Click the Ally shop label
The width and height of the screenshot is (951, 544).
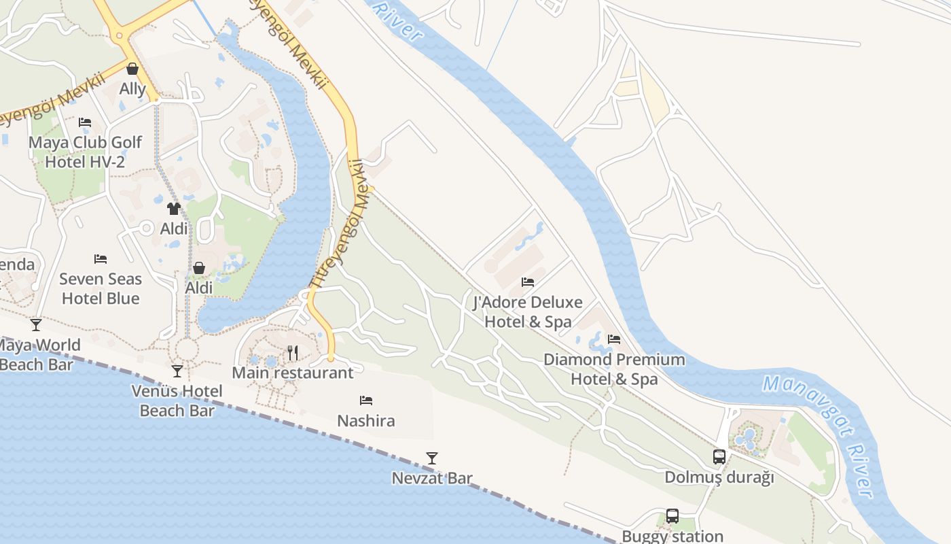(x=132, y=89)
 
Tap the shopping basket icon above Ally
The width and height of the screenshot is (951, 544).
(x=132, y=69)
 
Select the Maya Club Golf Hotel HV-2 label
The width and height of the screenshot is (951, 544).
(x=85, y=152)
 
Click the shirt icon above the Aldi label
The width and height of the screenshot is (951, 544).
(x=174, y=208)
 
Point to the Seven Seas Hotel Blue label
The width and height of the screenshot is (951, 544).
(x=101, y=288)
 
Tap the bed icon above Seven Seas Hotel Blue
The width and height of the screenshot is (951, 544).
(x=101, y=259)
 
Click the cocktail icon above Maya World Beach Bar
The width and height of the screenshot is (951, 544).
(x=36, y=325)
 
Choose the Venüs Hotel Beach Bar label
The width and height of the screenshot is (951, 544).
(x=177, y=401)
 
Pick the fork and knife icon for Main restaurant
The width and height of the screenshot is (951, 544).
(x=293, y=352)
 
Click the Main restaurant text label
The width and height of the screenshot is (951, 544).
(x=293, y=373)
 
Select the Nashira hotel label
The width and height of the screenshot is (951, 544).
(x=366, y=421)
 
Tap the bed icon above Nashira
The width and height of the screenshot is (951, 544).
(x=366, y=401)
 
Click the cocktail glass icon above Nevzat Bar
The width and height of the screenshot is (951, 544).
(x=431, y=458)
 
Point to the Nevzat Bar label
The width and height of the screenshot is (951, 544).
(x=432, y=478)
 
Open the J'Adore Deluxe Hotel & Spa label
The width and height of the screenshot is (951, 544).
(x=528, y=311)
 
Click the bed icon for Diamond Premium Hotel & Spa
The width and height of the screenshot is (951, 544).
(x=614, y=339)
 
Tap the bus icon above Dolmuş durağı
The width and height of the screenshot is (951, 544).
(x=719, y=457)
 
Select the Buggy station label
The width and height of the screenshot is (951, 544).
(x=672, y=536)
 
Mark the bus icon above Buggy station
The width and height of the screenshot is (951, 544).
(x=672, y=516)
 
